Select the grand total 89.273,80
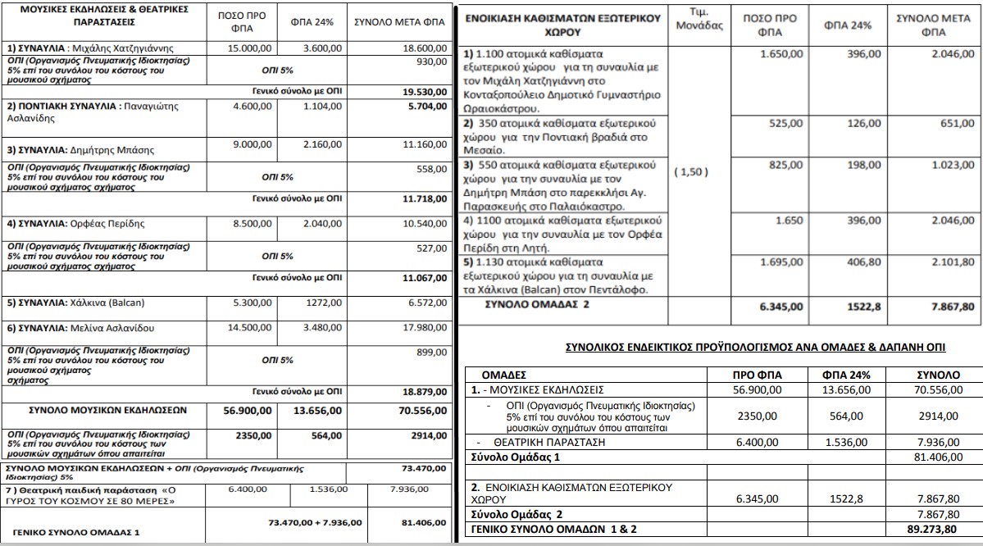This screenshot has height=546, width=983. point(939,529)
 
